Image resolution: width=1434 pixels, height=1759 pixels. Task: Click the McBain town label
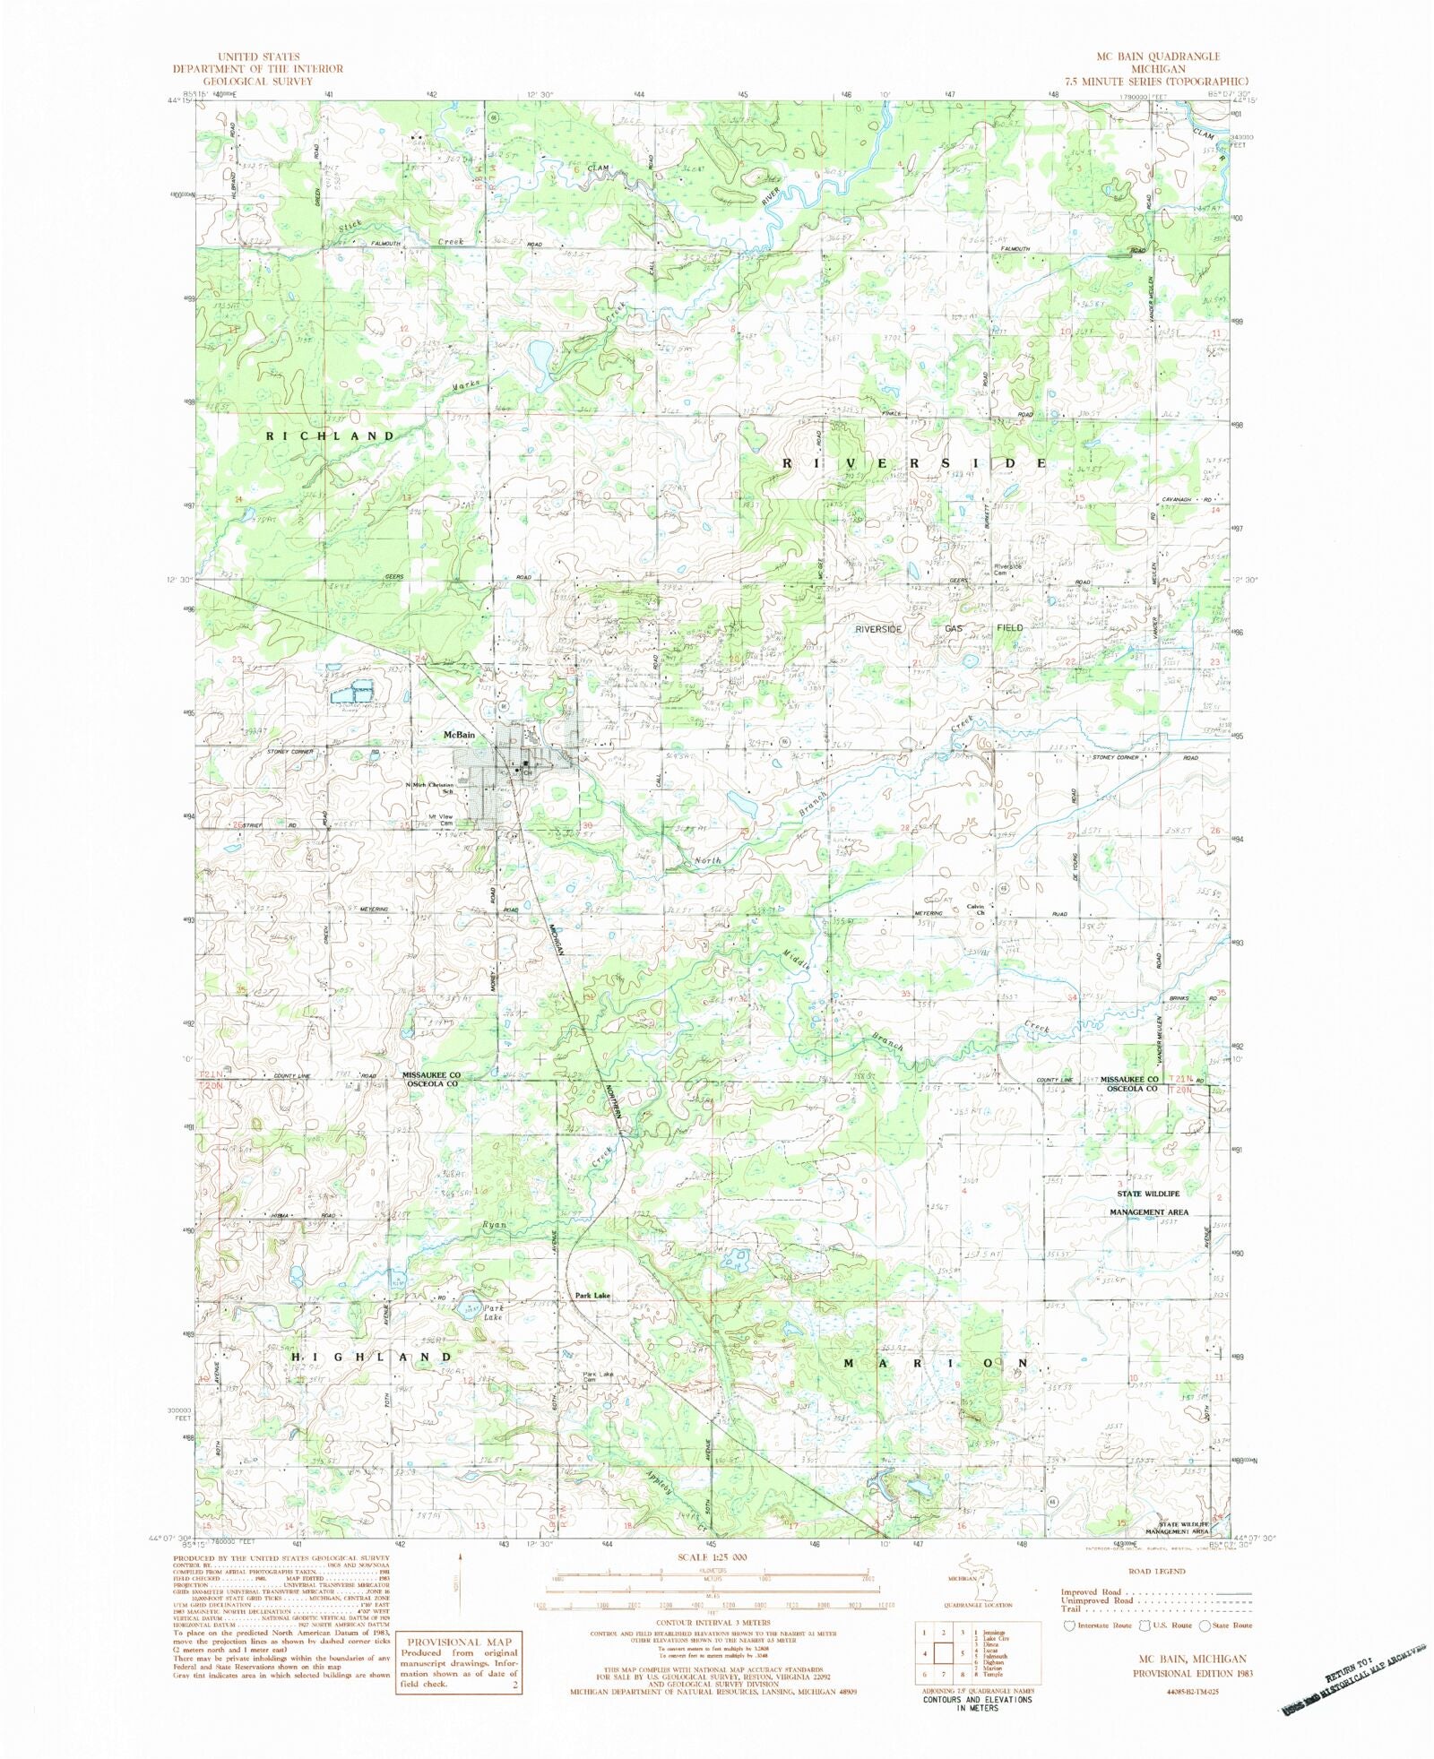(459, 735)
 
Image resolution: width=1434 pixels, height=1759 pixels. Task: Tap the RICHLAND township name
(331, 436)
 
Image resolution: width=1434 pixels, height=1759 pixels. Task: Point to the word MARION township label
(937, 1363)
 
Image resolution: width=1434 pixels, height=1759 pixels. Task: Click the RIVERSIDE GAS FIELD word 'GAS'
(954, 629)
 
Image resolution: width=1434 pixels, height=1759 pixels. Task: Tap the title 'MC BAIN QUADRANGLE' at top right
(1158, 56)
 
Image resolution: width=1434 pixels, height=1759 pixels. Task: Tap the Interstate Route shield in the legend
(1068, 1625)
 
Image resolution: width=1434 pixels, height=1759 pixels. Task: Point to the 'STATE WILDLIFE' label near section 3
(1148, 1194)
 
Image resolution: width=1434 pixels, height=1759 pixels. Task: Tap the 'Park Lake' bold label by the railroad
(592, 1296)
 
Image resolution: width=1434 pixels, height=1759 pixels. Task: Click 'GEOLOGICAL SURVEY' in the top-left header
(257, 81)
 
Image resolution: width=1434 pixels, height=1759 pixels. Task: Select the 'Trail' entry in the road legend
(1073, 1608)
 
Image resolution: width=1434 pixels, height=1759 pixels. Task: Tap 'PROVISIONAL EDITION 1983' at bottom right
(1192, 1673)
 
